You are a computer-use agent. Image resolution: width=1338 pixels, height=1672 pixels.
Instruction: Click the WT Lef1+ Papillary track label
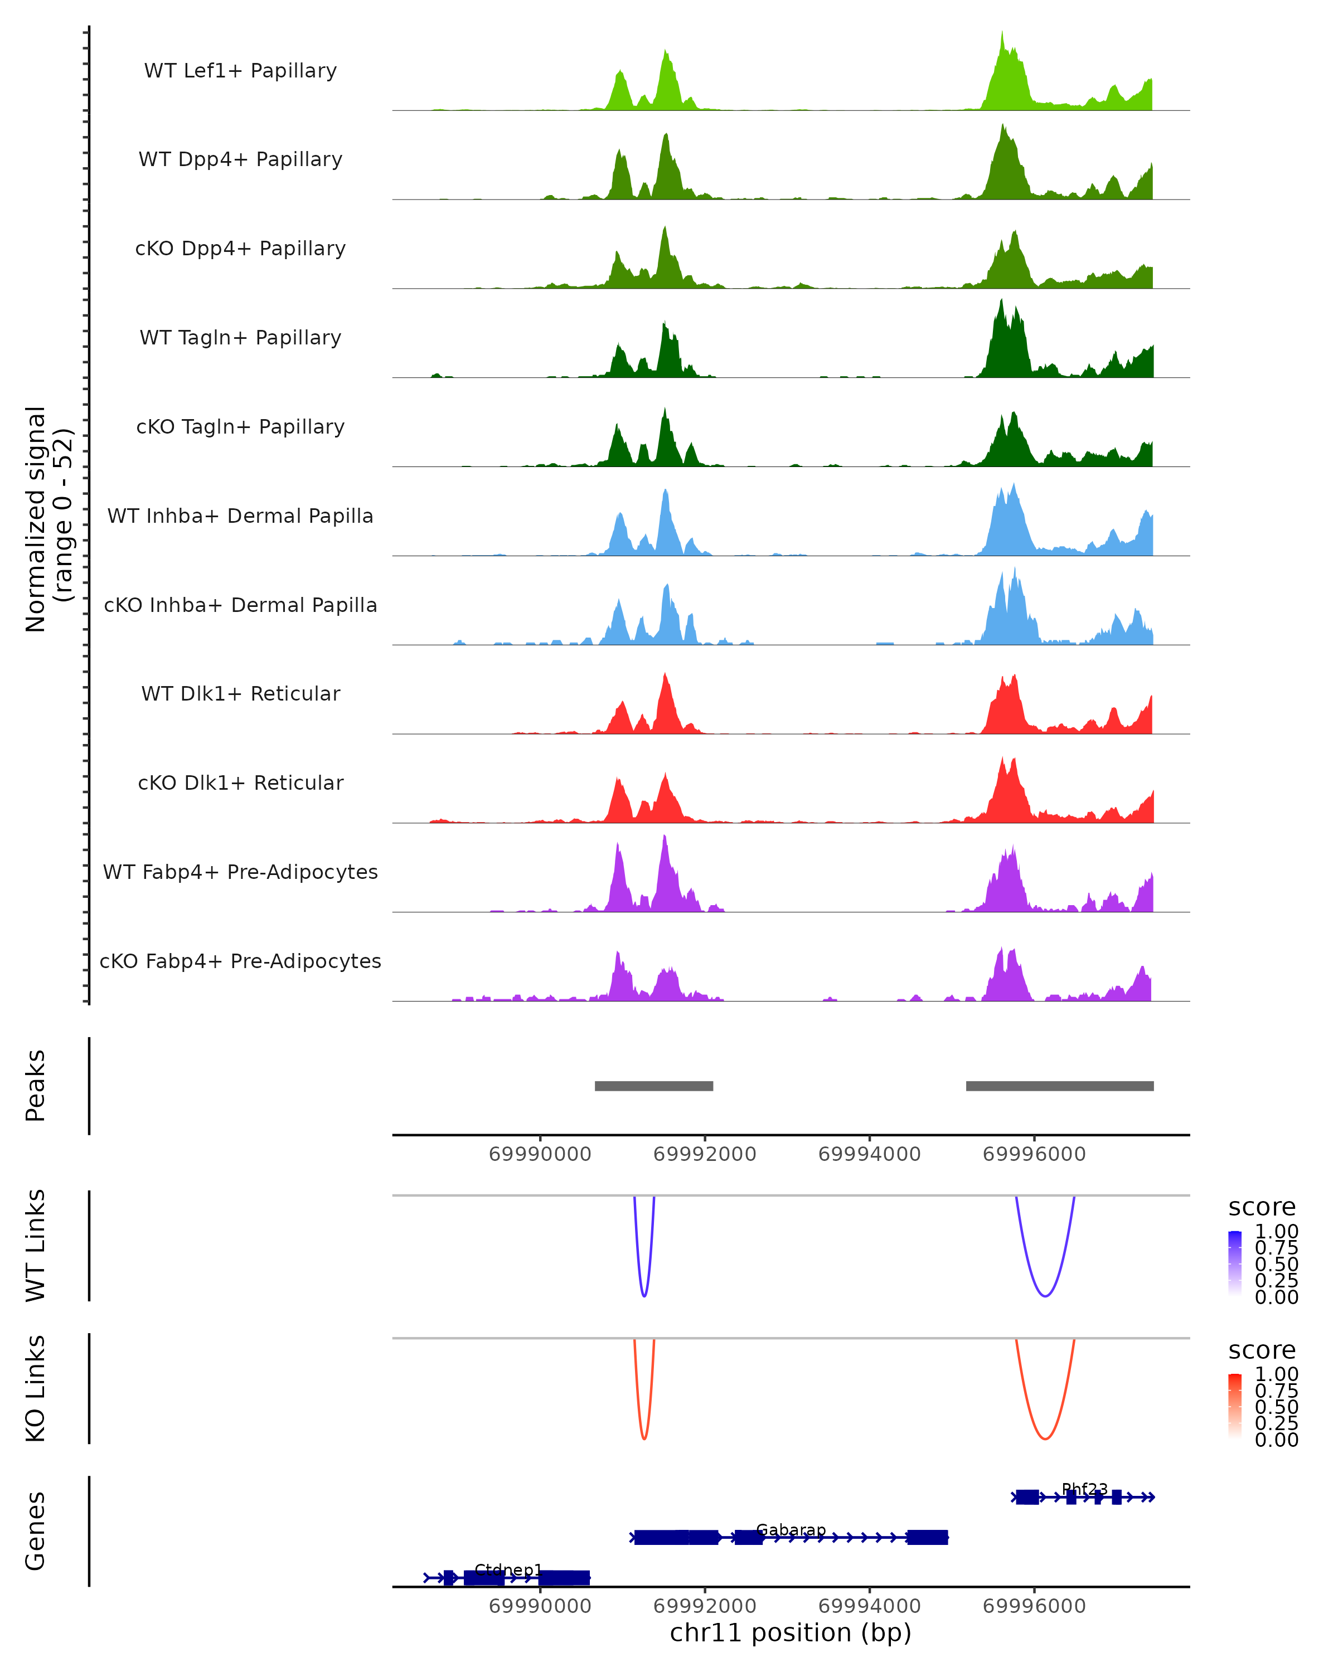[x=240, y=71]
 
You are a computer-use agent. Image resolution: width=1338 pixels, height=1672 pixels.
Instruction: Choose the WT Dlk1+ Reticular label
[x=240, y=693]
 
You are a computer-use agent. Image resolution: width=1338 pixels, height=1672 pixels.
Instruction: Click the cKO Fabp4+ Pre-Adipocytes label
[x=240, y=961]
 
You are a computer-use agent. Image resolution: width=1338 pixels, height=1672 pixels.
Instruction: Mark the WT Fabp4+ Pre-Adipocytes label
[x=240, y=872]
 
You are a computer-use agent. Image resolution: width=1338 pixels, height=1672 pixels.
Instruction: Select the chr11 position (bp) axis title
[x=791, y=1632]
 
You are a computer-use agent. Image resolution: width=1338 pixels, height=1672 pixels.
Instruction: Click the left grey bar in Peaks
[x=654, y=1086]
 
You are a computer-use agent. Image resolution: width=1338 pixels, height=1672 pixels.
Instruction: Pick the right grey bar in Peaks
[x=1060, y=1086]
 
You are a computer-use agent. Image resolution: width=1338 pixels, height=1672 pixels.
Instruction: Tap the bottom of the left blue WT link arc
[x=644, y=1296]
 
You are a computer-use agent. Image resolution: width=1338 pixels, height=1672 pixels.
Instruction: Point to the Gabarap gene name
[x=791, y=1530]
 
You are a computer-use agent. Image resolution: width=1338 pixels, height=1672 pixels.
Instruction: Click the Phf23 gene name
[x=1084, y=1489]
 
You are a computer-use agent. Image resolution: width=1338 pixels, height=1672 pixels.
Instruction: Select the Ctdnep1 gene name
[x=508, y=1571]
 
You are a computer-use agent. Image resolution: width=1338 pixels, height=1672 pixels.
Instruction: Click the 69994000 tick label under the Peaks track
[x=870, y=1154]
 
